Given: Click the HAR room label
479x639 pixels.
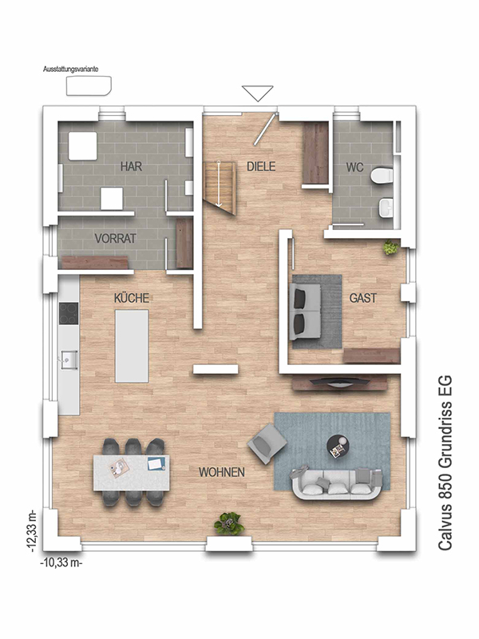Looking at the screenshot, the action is pos(131,166).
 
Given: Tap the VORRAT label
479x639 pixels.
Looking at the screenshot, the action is pos(115,238).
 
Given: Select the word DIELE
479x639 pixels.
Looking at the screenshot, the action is pos(261,166).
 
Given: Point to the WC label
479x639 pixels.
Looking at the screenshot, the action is pos(354,167).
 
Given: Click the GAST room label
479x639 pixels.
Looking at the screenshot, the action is pos(363,298).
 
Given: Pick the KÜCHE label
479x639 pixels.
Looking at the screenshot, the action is pos(132,298).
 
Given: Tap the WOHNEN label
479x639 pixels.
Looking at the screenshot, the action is pos(222,472).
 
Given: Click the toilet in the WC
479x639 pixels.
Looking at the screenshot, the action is pos(382,176).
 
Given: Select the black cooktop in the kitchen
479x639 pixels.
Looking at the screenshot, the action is pos(69,313).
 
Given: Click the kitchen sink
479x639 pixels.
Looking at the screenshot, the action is pos(69,359).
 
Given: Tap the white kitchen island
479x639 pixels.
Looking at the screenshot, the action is pos(132,346).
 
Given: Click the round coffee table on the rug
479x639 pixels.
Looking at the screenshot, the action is pos(338,447).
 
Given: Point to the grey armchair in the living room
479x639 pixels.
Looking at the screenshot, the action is pos(267,443).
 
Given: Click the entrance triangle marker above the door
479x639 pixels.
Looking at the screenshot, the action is pos(257,93).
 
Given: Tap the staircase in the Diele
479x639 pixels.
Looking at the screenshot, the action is pos(219,188).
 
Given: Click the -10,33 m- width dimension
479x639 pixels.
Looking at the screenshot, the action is pos(61,563).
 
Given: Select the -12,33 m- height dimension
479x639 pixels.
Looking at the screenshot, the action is pos(32,530).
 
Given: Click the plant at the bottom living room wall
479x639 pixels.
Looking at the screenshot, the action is pos(229,524).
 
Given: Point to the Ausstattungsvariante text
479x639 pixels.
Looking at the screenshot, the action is pos(71,69).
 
